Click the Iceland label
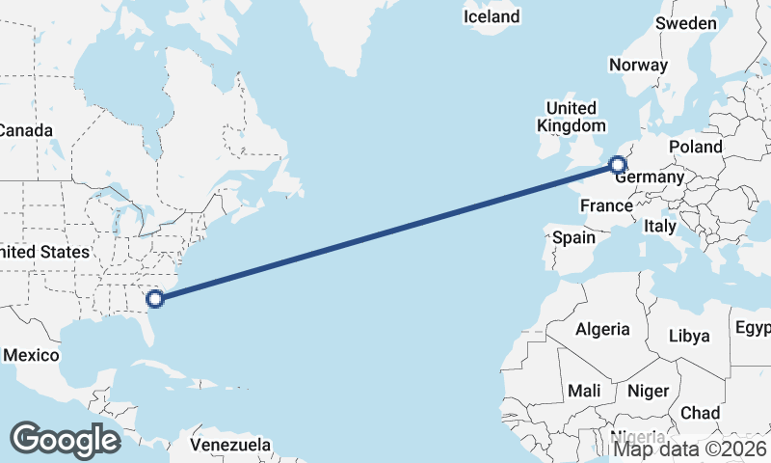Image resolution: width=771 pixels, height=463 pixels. coord(492,16)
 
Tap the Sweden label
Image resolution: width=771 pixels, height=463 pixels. coord(685,23)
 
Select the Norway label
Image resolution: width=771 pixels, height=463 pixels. coord(638,66)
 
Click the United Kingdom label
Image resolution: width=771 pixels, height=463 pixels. coord(572,117)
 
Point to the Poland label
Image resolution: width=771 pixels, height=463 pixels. coord(695,147)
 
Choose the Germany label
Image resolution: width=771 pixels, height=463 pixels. coord(650,177)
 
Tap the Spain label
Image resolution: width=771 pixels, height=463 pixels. coord(573,236)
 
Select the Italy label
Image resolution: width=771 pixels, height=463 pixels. coord(660,226)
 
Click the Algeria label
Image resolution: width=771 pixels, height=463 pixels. coord(602,329)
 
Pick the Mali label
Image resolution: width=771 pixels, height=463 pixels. coord(584,391)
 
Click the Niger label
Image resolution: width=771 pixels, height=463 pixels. coord(648,391)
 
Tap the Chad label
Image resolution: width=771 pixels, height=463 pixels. coord(700,413)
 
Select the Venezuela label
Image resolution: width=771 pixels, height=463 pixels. coord(229,446)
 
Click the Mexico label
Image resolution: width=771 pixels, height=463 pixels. coord(31,355)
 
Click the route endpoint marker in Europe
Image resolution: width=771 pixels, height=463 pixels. coord(619,165)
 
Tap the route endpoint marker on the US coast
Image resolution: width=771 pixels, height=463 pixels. coord(154,298)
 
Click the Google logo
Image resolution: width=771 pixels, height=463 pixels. coord(65,439)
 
